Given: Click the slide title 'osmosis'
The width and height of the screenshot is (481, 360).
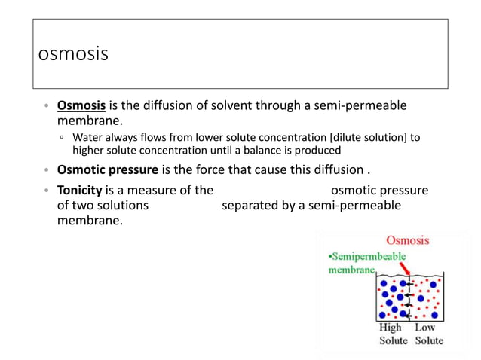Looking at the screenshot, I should tap(73, 55).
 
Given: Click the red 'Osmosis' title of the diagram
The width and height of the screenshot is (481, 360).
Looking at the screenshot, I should tap(407, 240).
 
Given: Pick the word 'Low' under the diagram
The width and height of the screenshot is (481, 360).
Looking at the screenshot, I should tap(424, 328).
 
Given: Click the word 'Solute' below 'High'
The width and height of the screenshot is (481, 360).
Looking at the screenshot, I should tap(392, 340).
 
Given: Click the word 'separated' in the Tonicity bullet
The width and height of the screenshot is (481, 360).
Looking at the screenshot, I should tap(247, 205).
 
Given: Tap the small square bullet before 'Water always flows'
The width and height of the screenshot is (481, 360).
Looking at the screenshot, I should tap(62, 138).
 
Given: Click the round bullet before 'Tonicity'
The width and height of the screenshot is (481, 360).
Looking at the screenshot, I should tap(46, 191).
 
